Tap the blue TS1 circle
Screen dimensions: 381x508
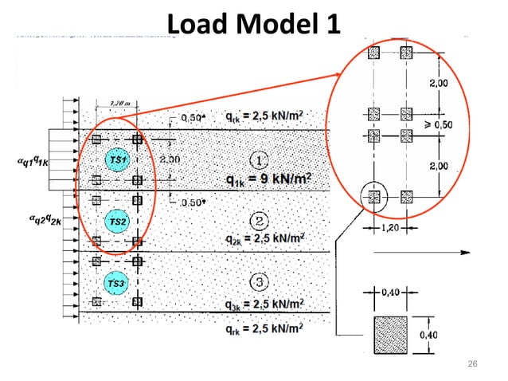pos(117,161)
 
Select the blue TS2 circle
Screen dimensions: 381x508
pos(117,221)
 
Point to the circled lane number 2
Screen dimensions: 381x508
pos(260,220)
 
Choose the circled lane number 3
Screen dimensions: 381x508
pos(260,281)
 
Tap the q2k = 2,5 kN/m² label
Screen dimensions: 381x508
pos(262,238)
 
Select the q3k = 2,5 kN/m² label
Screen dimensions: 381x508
pos(262,304)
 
